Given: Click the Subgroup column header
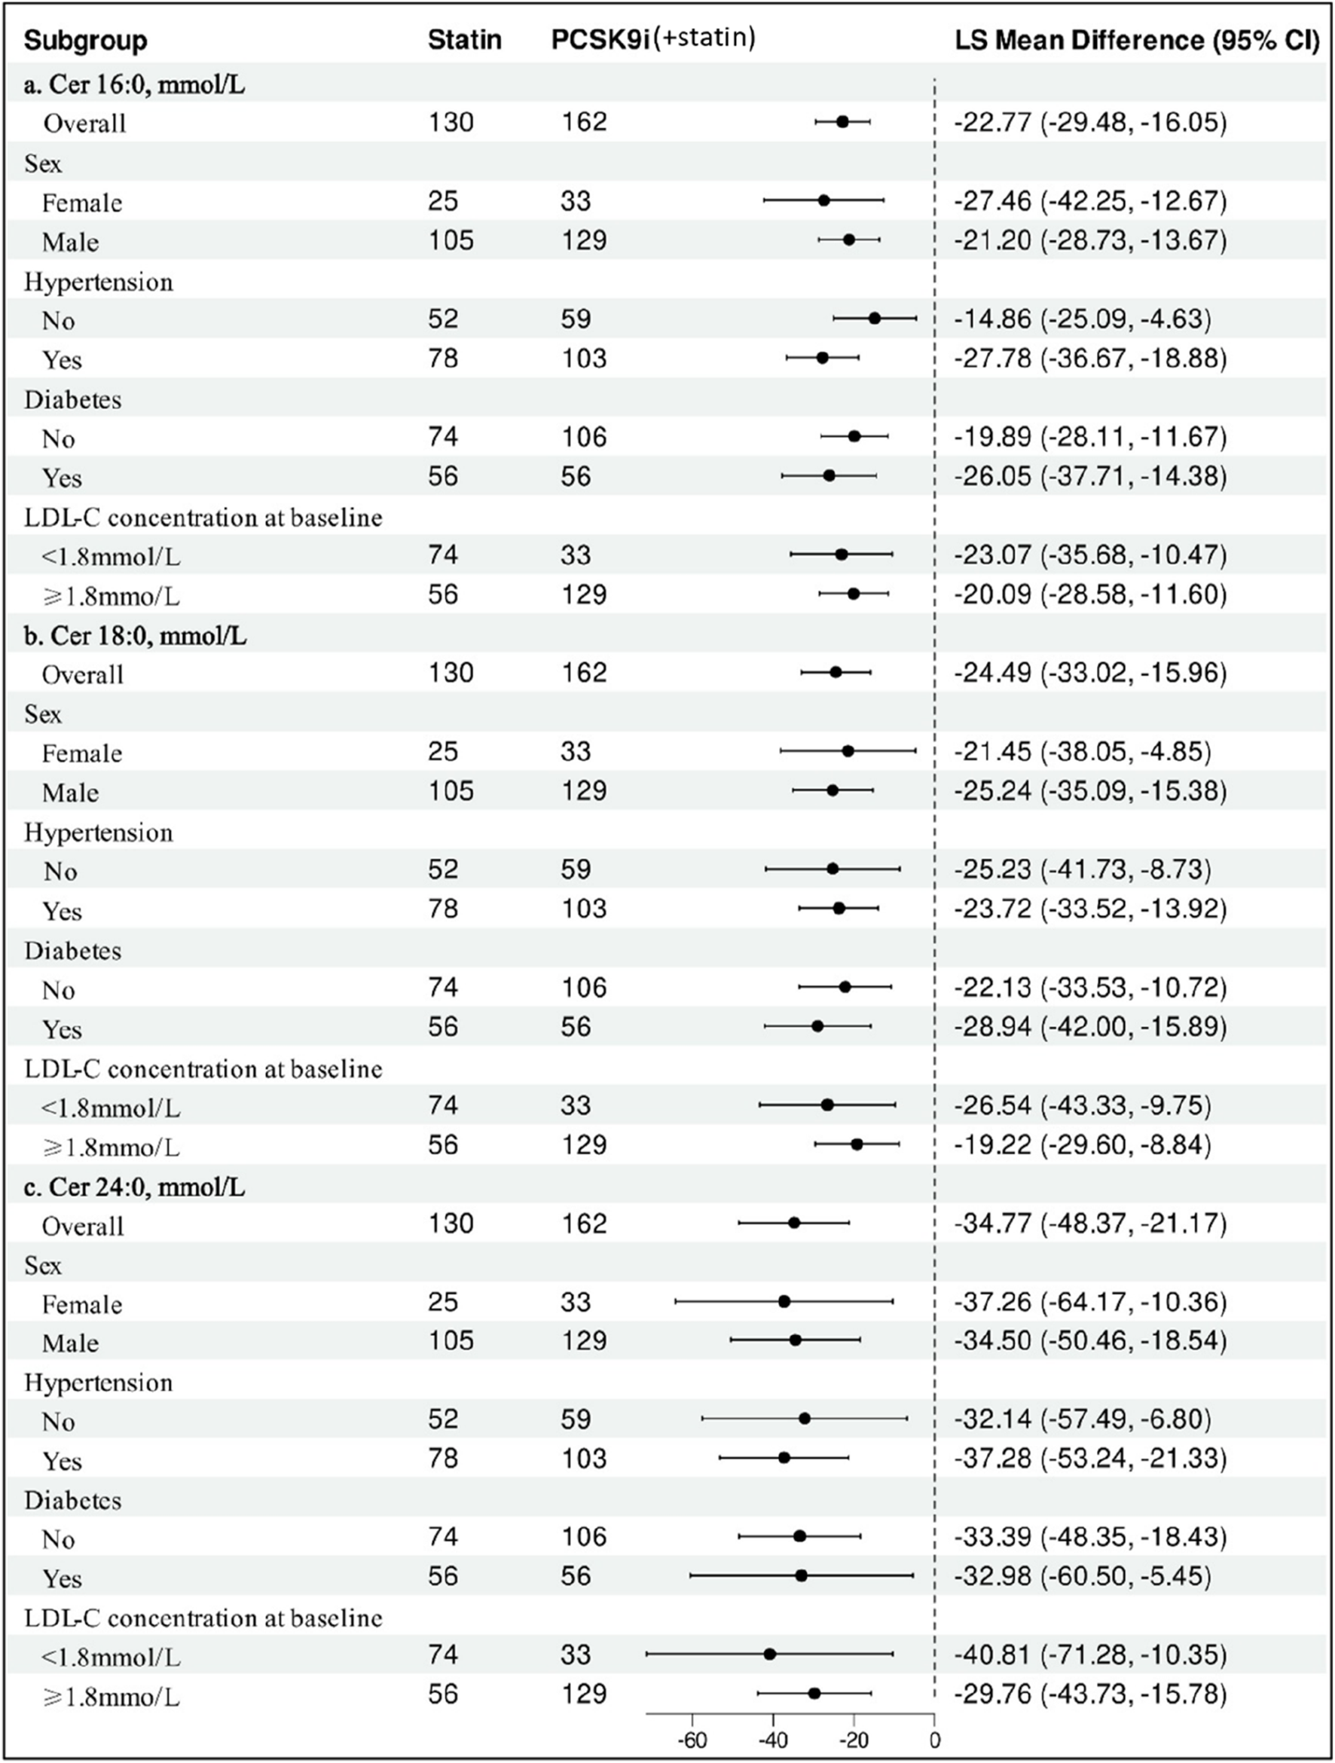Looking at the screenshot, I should [x=85, y=41].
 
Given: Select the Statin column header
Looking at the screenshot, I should [x=464, y=40].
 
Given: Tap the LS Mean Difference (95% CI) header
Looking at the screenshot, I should [x=1137, y=40].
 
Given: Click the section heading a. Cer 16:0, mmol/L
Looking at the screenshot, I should [x=134, y=84].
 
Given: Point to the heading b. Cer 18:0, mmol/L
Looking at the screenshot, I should [x=135, y=635].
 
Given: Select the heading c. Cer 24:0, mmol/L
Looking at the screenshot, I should [x=134, y=1187].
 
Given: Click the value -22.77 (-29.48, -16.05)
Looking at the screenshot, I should [x=1089, y=122].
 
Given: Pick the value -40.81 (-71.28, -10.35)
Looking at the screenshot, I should [x=1089, y=1655].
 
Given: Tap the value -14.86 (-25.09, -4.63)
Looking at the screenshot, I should [x=1082, y=319].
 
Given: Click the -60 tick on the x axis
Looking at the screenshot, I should [x=692, y=1740].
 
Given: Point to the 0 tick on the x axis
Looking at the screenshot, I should [x=934, y=1740].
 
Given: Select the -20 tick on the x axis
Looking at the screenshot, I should [x=853, y=1740].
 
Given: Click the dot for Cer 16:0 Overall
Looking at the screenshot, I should [x=842, y=122].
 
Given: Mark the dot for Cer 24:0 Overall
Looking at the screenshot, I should [x=794, y=1223].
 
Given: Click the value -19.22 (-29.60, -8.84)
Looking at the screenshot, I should [x=1082, y=1144].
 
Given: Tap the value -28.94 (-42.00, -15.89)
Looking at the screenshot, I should [x=1089, y=1025].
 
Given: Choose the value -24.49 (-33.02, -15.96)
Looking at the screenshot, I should [x=1089, y=673].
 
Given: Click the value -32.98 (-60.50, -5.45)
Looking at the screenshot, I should [x=1082, y=1575].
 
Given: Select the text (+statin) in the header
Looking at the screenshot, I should [x=704, y=38].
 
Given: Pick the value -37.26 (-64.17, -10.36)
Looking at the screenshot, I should [x=1089, y=1301].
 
